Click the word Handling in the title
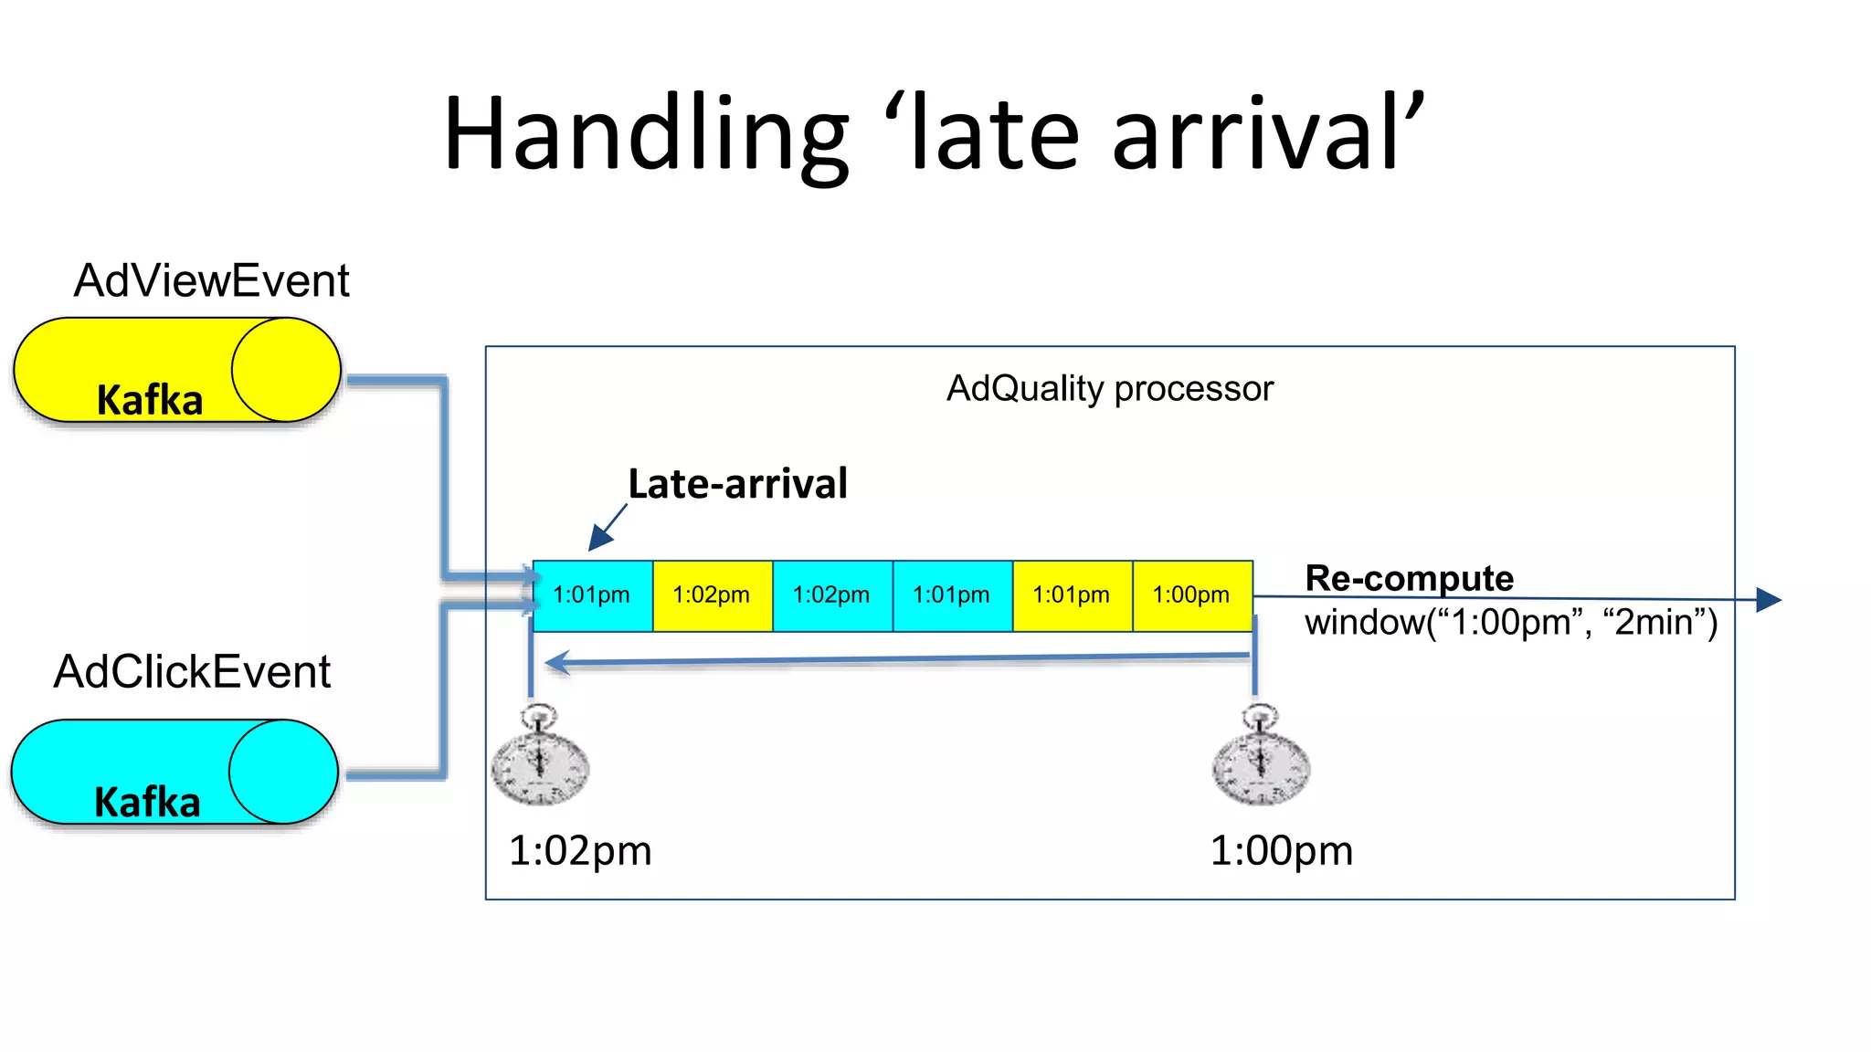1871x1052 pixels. tap(645, 135)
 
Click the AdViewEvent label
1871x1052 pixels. tap(211, 280)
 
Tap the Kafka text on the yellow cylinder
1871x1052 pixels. tap(150, 400)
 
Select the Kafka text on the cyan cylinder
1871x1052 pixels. tap(147, 802)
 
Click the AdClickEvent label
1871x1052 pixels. tap(192, 672)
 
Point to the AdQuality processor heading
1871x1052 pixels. tap(1109, 389)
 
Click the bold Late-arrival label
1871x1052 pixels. tap(737, 483)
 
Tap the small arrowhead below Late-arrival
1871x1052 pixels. tap(599, 538)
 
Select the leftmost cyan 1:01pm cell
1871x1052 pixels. tap(592, 595)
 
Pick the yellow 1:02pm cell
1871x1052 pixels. tap(712, 595)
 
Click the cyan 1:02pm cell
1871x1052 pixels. tap(831, 595)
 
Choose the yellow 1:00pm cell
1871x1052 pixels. tap(1191, 595)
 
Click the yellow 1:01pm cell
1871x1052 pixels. tap(1072, 595)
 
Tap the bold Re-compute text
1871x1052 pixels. tap(1409, 577)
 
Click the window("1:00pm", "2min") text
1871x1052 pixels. tap(1510, 623)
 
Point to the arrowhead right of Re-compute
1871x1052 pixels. tap(1769, 600)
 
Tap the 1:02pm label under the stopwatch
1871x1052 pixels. tap(580, 851)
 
